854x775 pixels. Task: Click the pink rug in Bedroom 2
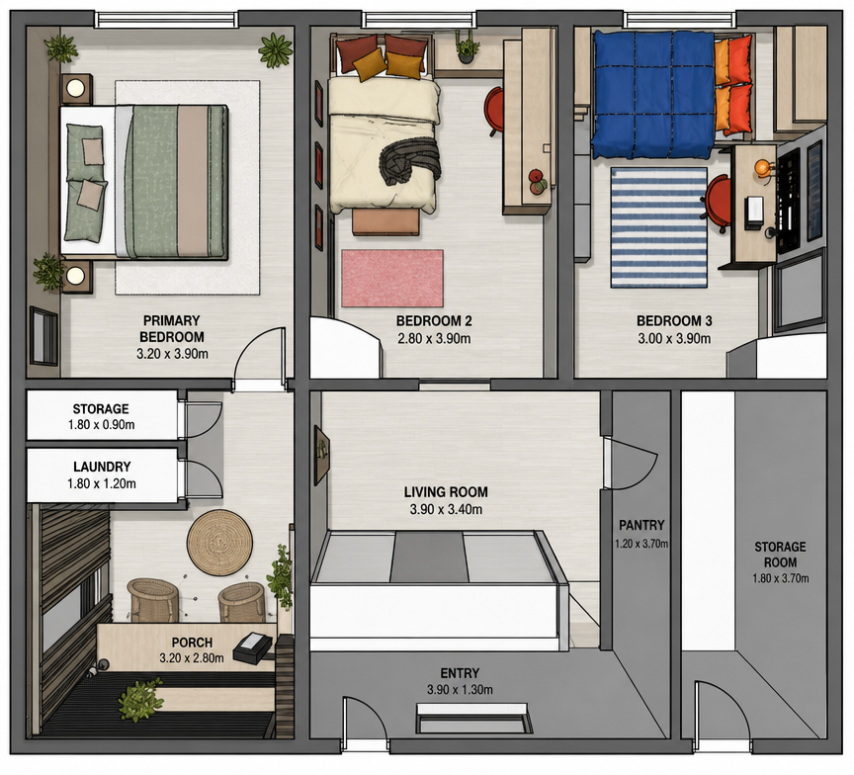click(392, 279)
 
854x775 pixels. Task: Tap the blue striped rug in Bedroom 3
click(659, 227)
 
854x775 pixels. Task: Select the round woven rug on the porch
click(220, 543)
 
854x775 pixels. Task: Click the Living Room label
click(446, 492)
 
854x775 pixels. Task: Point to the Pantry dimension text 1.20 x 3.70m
click(641, 544)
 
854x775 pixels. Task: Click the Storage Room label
click(780, 555)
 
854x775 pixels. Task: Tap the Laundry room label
click(102, 467)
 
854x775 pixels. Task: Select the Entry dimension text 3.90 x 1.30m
click(460, 690)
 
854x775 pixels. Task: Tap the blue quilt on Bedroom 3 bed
click(653, 95)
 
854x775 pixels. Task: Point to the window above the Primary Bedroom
click(167, 20)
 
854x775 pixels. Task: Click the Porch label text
click(192, 643)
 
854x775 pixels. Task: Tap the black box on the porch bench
click(252, 646)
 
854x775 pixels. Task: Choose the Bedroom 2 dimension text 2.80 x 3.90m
click(434, 339)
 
